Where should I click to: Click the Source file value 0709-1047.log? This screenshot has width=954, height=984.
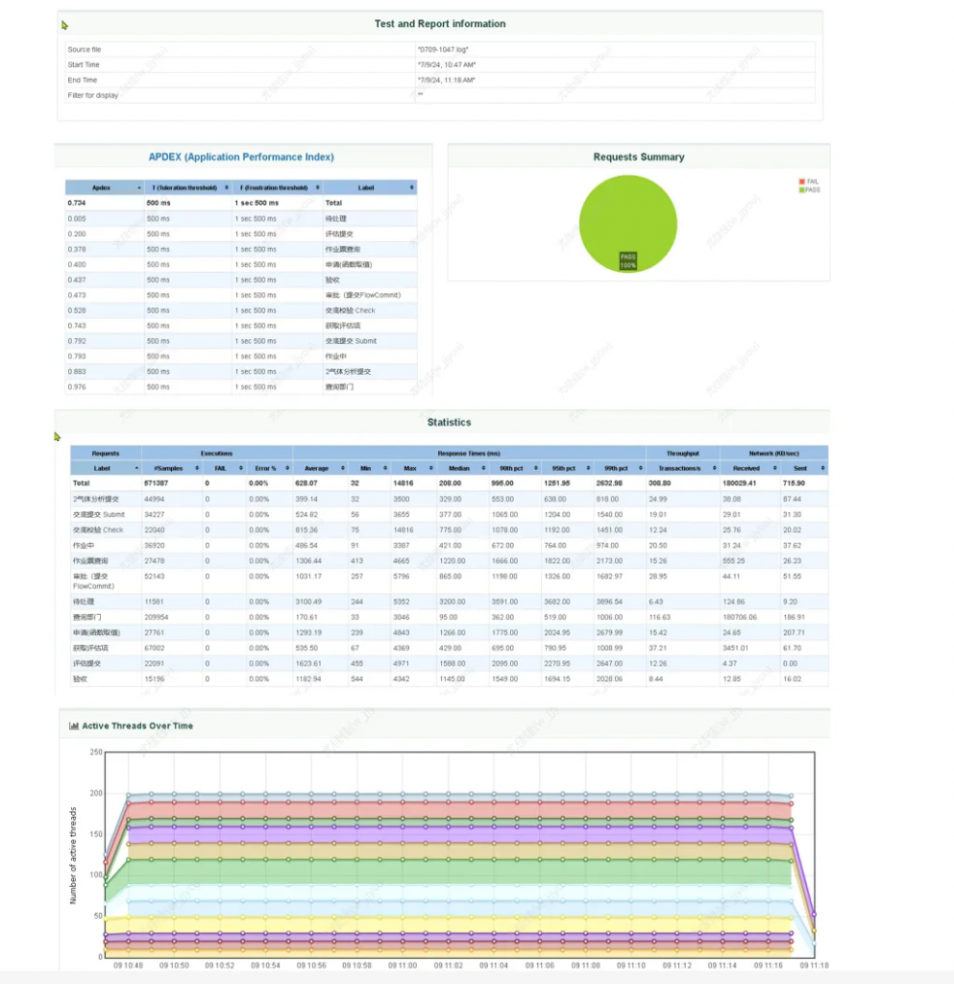443,49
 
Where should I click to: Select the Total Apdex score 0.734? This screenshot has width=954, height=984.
77,204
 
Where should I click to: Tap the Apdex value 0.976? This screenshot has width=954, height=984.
77,387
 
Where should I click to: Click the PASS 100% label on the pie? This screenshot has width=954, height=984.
627,260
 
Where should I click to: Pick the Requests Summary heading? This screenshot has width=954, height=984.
639,157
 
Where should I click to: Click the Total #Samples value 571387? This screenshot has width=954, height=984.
158,483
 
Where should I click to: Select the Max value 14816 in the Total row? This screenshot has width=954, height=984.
403,483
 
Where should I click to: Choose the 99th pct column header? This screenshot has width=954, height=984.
610,468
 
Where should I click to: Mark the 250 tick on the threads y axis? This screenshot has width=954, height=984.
95,752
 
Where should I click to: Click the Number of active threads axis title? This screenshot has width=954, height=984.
73,856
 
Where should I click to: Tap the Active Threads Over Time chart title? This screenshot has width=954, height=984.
136,726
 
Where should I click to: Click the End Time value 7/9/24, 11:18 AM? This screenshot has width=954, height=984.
447,81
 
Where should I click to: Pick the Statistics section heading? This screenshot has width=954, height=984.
449,422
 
